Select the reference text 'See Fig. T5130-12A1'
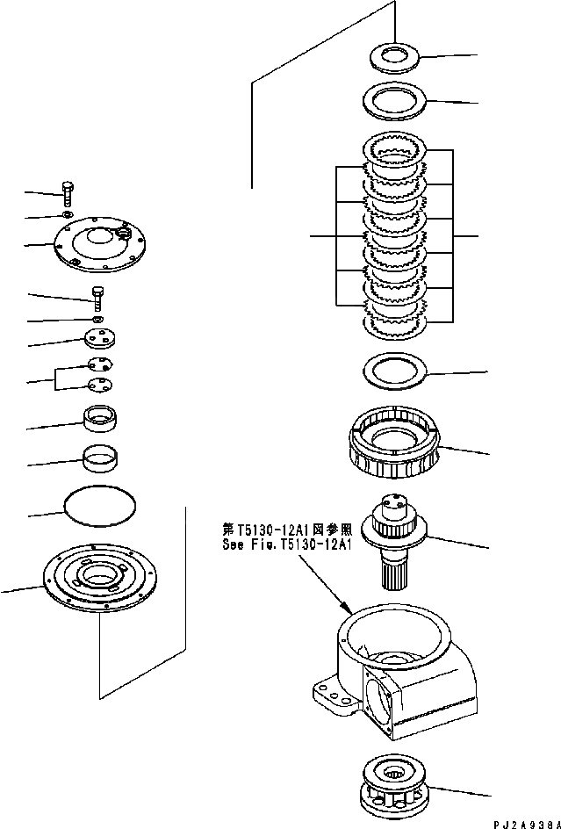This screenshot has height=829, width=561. point(287,544)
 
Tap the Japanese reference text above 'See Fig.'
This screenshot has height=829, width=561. point(287,530)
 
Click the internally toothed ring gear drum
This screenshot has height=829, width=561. point(395,448)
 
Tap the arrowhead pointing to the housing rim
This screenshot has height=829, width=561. point(349,609)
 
